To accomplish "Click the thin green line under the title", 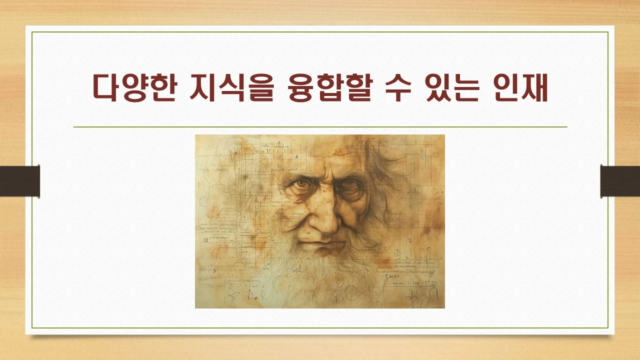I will [320, 127].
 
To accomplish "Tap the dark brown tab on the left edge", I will [19, 180].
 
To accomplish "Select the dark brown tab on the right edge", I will [620, 180].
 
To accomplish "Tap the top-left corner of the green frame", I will [32, 32].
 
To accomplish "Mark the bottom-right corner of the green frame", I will [608, 328].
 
